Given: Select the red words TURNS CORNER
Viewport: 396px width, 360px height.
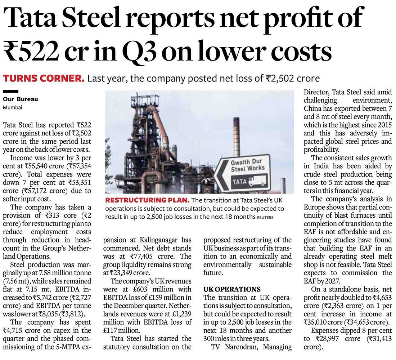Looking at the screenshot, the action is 44,78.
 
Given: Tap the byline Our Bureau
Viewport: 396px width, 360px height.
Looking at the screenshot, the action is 21,99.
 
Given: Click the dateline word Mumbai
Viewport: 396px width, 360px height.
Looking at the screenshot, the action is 13,107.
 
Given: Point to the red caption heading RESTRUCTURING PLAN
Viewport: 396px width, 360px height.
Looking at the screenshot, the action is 147,200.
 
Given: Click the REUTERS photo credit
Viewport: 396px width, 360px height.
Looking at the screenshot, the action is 265,217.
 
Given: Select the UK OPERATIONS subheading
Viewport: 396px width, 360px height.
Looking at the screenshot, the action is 232,289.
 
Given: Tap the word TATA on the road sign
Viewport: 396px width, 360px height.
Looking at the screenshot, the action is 239,182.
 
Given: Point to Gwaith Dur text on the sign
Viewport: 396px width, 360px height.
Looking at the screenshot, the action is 246,162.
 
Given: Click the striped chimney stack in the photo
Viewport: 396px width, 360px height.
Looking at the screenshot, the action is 237,137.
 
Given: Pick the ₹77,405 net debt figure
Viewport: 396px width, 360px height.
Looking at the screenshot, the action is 141,257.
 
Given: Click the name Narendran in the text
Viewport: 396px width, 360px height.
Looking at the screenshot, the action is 242,347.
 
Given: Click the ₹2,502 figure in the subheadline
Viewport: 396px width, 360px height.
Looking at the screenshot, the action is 279,78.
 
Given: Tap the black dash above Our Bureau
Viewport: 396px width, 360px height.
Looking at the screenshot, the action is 10,92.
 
